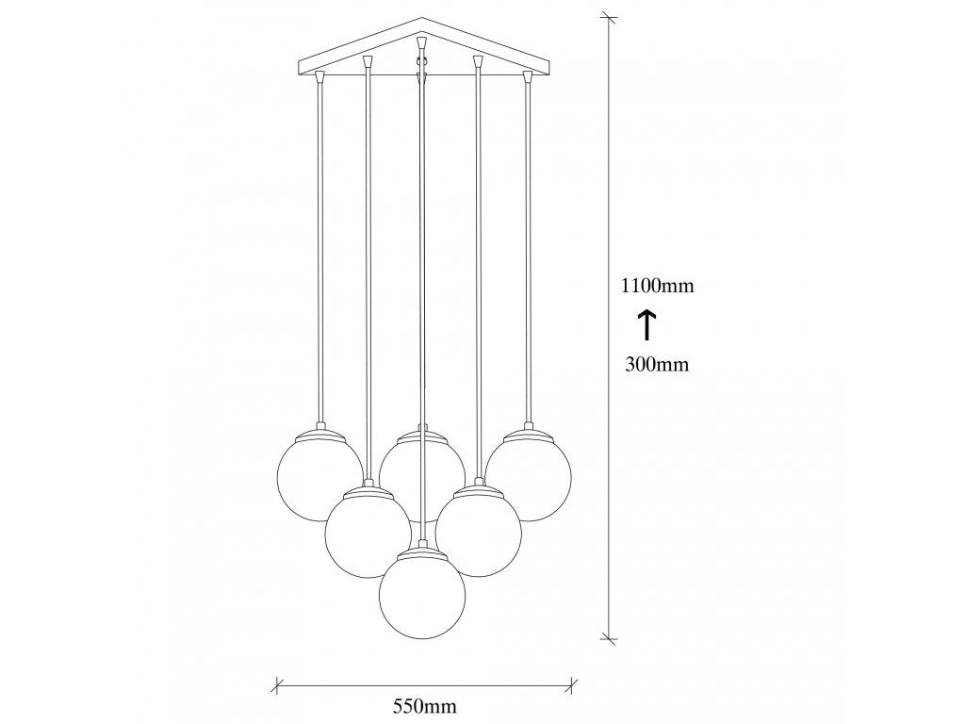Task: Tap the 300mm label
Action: (x=657, y=365)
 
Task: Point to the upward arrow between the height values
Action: (x=647, y=325)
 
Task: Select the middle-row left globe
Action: (x=368, y=532)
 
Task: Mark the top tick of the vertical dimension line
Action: (x=610, y=17)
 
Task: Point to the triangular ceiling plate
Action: (x=421, y=57)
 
